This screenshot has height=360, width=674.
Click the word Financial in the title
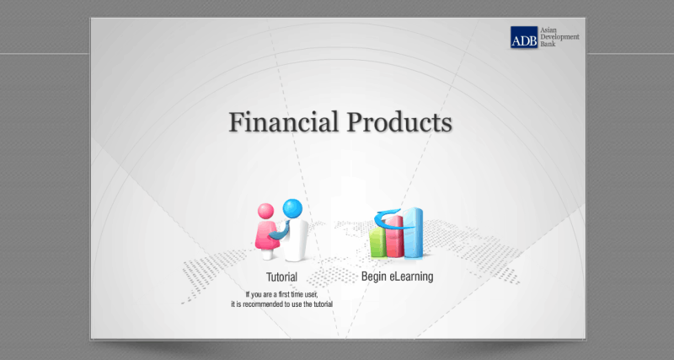(x=283, y=121)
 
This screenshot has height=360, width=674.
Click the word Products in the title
(x=399, y=121)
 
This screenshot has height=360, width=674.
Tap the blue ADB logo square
(x=524, y=37)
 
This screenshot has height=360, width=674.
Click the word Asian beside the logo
(x=548, y=30)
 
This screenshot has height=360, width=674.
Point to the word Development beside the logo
(x=559, y=37)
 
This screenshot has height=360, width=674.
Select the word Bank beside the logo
(x=548, y=44)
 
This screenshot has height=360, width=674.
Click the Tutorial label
(x=281, y=277)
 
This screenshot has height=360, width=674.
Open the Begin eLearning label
(x=397, y=277)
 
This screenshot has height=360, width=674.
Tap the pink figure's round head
(x=266, y=211)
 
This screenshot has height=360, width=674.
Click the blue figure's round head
(x=292, y=208)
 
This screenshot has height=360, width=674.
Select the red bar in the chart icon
(x=394, y=237)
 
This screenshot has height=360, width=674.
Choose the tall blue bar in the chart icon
(x=413, y=233)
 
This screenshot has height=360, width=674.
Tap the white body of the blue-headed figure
(x=297, y=241)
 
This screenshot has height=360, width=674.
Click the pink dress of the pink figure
(x=266, y=235)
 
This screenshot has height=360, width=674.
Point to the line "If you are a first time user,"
(x=282, y=294)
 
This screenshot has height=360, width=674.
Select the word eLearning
(x=411, y=277)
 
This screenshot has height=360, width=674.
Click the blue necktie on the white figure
(x=281, y=231)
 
